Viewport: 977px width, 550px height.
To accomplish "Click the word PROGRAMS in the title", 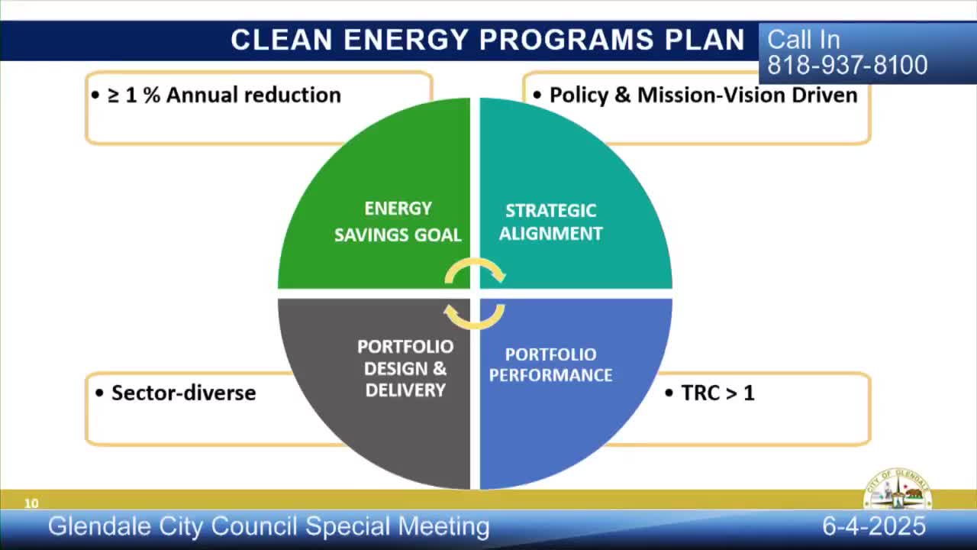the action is click(566, 40).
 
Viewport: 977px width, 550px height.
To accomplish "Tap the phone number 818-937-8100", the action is click(847, 65).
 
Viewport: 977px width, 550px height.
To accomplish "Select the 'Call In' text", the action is click(804, 40).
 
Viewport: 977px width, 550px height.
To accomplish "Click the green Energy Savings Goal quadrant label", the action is click(398, 222).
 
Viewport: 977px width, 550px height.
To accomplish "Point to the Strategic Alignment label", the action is click(551, 222).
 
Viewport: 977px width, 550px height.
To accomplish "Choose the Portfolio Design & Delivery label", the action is click(405, 368).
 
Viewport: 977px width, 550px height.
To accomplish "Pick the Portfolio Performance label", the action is click(550, 365).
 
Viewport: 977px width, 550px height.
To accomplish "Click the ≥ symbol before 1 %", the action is click(114, 96).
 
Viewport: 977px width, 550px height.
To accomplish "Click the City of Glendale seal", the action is click(897, 489).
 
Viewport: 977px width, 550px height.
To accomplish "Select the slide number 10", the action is click(31, 503).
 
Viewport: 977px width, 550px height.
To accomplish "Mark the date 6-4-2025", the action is click(874, 526).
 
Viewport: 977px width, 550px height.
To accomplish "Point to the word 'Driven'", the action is click(825, 95).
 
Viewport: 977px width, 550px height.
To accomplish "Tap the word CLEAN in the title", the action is click(282, 40).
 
